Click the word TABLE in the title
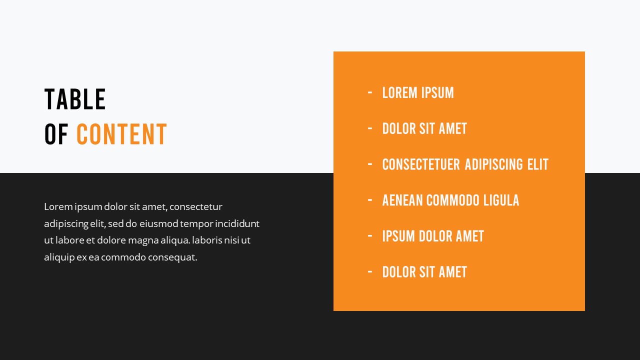pos(75,99)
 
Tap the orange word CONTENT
pos(121,134)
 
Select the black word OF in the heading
pos(56,134)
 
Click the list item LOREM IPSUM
pos(418,93)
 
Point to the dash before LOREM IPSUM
pos(370,92)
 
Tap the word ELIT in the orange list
pos(537,164)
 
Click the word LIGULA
pos(501,200)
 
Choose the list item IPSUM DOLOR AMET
pos(433,236)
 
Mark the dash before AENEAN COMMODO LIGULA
pos(370,200)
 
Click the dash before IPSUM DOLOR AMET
pos(370,236)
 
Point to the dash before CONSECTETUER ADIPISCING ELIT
pos(370,164)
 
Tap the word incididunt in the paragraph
pos(237,223)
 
